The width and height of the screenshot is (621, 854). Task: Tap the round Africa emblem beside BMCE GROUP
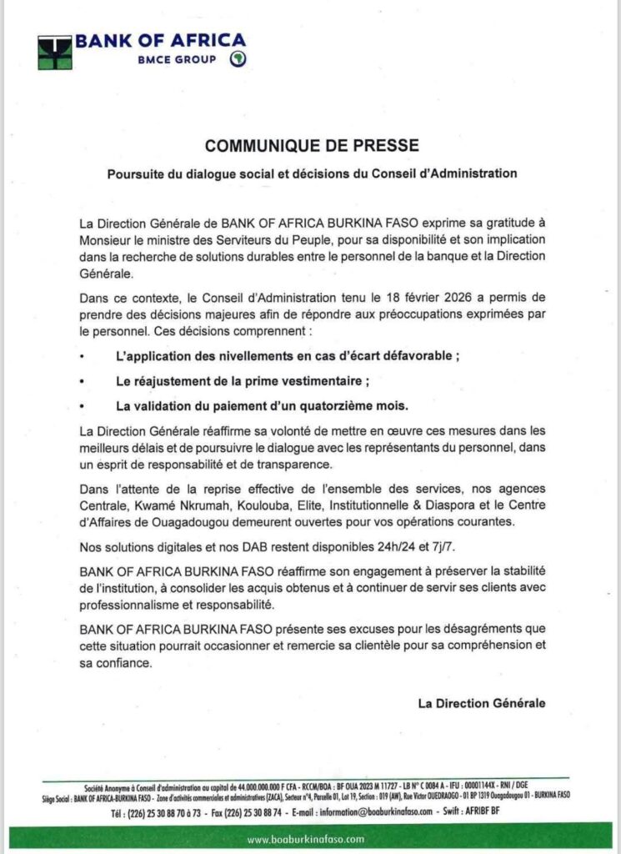pos(237,59)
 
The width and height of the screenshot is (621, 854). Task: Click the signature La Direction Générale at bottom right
pos(482,703)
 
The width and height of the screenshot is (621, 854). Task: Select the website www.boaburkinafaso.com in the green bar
pos(310,838)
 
